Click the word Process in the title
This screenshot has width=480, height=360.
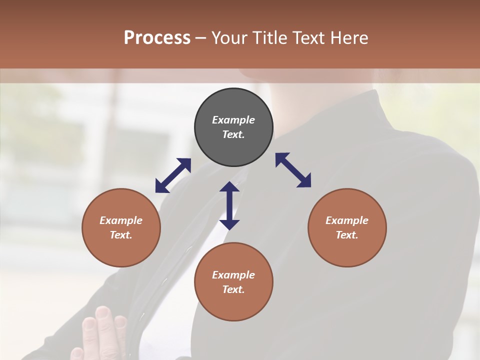tap(157, 38)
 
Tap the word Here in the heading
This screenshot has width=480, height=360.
tap(348, 38)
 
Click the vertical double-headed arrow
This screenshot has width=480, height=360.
tap(229, 205)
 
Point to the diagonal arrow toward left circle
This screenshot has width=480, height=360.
tap(173, 175)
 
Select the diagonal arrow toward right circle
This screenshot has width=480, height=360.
tap(293, 170)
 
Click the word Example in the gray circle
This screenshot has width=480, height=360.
tap(233, 120)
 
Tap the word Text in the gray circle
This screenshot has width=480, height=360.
tap(233, 134)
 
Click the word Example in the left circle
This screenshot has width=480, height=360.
tap(121, 220)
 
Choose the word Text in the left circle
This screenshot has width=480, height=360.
tap(121, 235)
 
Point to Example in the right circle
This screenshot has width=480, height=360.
tap(347, 220)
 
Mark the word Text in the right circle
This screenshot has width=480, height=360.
tap(346, 235)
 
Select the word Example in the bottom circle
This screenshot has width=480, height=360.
tap(233, 275)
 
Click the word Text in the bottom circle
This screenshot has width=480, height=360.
tap(233, 289)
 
